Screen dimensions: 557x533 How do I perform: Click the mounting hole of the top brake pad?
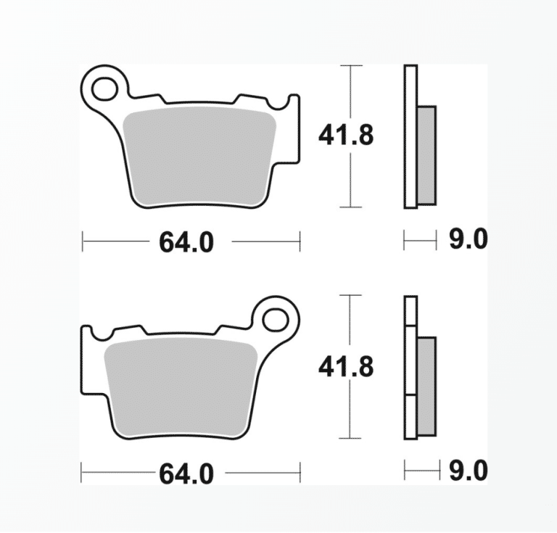pyautogui.click(x=104, y=88)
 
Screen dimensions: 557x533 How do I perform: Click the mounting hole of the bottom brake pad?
pyautogui.click(x=276, y=320)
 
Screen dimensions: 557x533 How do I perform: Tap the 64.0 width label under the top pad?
pyautogui.click(x=186, y=242)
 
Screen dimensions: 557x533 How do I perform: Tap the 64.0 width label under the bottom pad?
pyautogui.click(x=186, y=474)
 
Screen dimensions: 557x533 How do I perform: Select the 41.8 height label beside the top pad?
pyautogui.click(x=346, y=136)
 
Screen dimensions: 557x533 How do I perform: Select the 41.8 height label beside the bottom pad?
pyautogui.click(x=346, y=367)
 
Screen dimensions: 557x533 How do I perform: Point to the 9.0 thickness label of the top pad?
pyautogui.click(x=469, y=239)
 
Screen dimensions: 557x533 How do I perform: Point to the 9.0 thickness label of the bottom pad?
pyautogui.click(x=469, y=471)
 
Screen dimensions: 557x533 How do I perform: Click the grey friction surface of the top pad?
pyautogui.click(x=199, y=158)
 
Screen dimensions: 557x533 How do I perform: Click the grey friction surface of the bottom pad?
pyautogui.click(x=181, y=389)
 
